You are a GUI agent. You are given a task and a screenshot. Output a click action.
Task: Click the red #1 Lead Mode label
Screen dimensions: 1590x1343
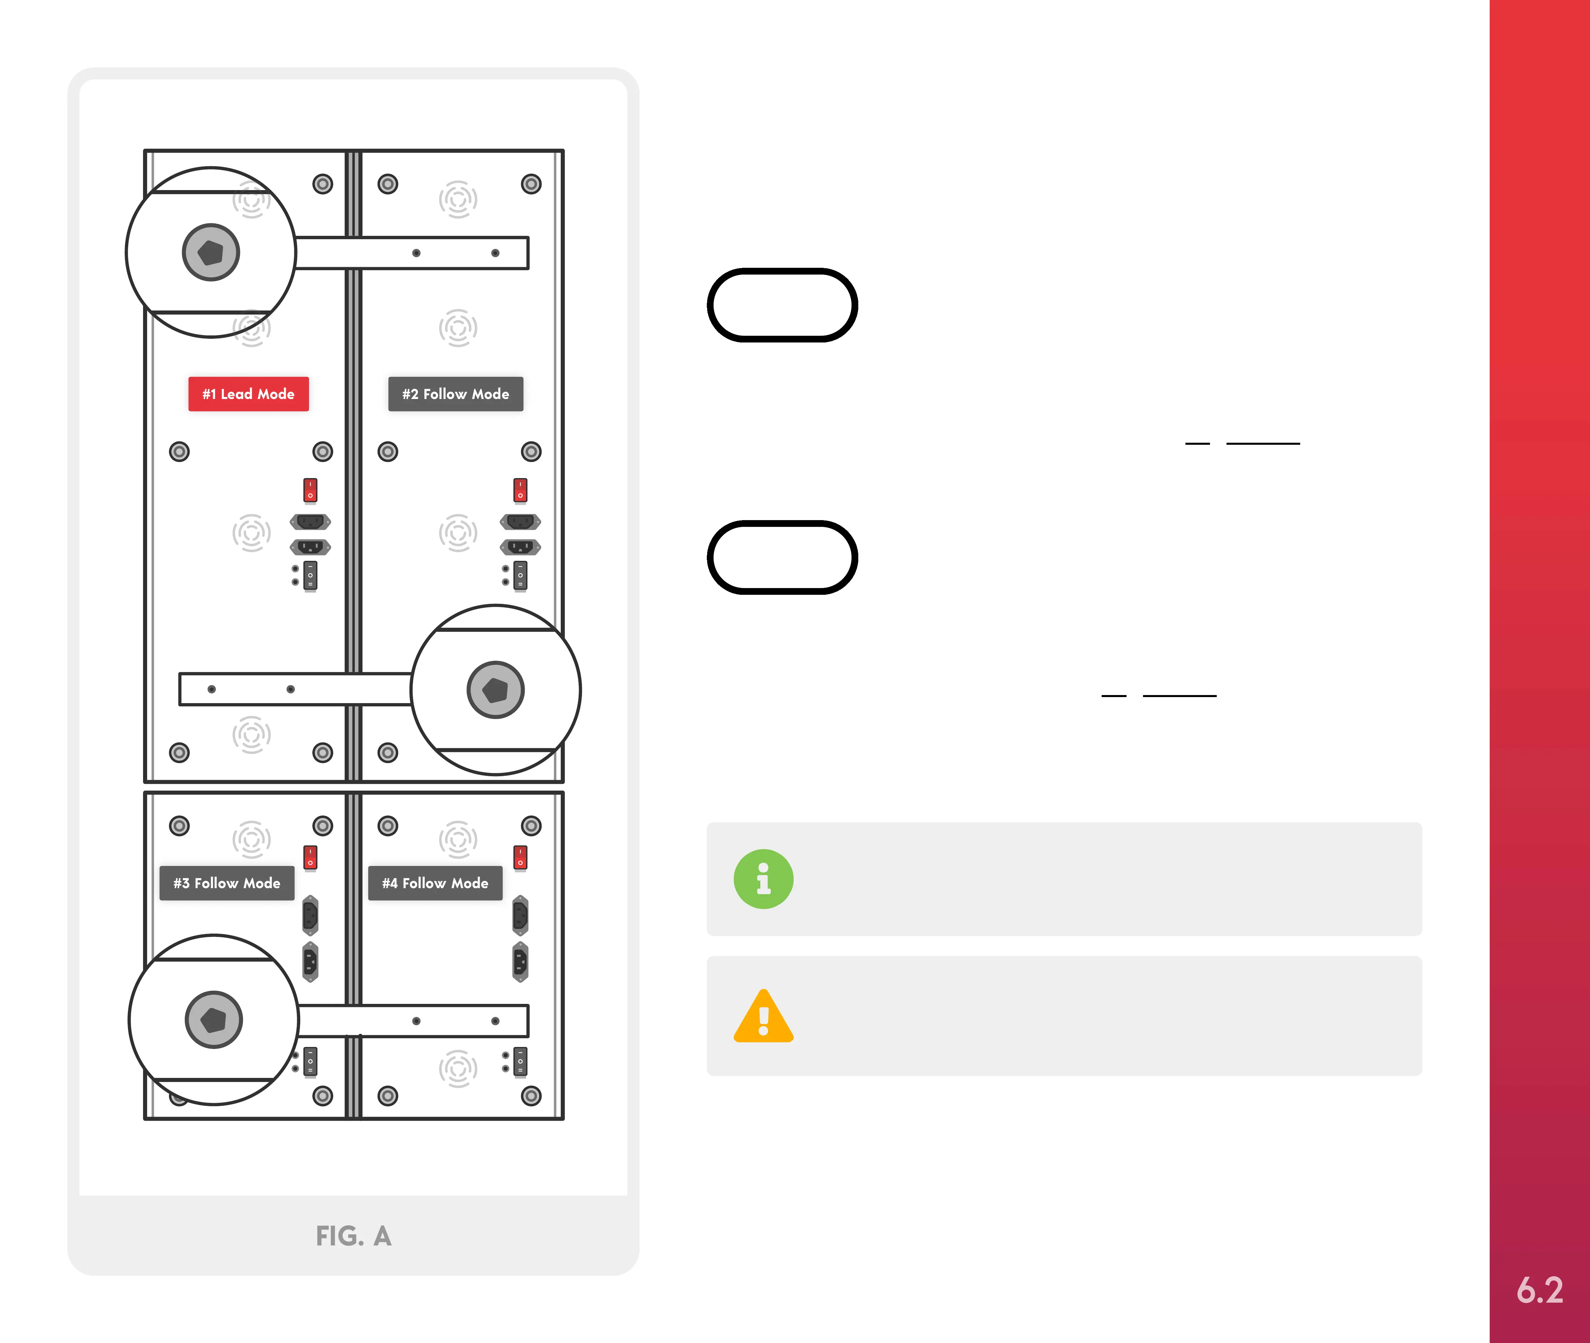(x=248, y=394)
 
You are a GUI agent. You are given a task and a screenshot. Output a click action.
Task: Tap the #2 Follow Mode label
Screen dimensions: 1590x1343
(x=455, y=394)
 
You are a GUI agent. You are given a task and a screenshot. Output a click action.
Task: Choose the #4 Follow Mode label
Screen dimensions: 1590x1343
(x=435, y=883)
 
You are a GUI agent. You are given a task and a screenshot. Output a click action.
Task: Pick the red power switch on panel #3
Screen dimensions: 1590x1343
(x=310, y=857)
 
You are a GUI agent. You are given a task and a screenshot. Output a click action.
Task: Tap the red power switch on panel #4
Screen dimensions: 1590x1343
(x=520, y=857)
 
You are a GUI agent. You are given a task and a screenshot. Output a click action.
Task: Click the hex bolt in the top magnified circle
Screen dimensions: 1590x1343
(x=211, y=252)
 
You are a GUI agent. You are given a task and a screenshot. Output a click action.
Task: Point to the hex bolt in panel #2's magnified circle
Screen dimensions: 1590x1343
(x=495, y=690)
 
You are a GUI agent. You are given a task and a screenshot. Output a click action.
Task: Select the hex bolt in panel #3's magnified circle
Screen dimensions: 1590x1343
(x=213, y=1019)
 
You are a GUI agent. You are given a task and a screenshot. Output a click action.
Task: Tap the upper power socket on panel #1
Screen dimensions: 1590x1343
(x=310, y=521)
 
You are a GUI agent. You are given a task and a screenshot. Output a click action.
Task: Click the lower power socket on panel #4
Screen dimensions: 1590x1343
(x=520, y=961)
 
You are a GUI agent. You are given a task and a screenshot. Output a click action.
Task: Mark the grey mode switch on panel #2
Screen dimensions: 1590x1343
(x=520, y=576)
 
